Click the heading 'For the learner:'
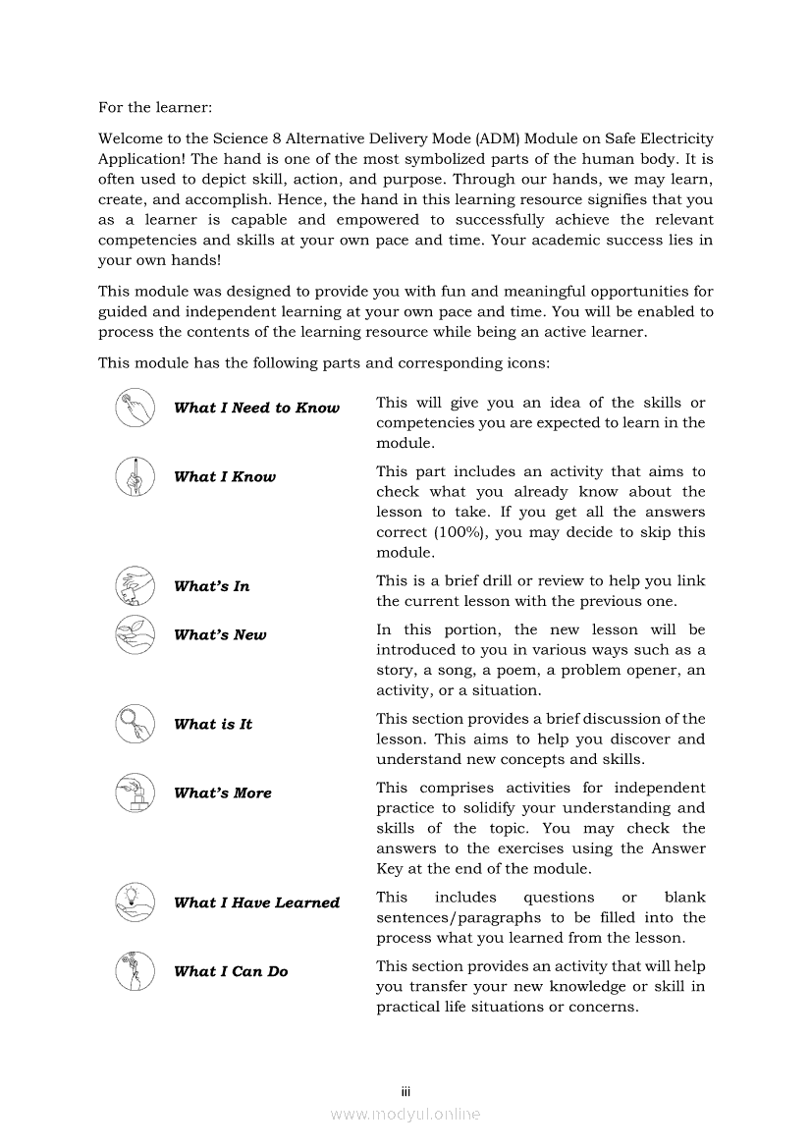pos(155,107)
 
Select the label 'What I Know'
pos(225,477)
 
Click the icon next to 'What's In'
pos(135,586)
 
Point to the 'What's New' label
pos(220,635)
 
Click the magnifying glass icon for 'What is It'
pos(135,725)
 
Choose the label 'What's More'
pos(223,793)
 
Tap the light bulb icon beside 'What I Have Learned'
pos(135,902)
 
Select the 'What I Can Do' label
pos(231,972)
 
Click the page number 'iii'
pos(405,1092)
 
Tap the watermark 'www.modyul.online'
pos(405,1115)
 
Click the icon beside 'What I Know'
pos(135,477)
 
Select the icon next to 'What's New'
pos(135,635)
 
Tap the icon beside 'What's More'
pos(135,793)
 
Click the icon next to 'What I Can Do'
pos(135,971)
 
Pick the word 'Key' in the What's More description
pos(390,869)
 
